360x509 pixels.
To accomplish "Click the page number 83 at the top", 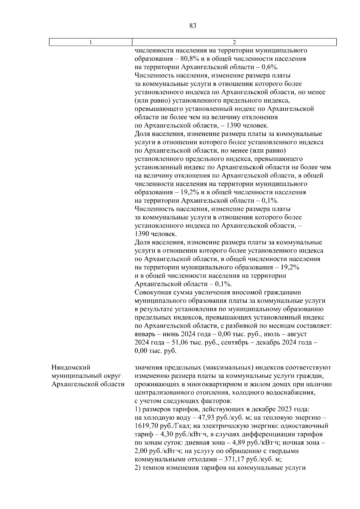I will (193, 26).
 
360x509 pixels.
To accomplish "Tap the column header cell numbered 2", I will (234, 42).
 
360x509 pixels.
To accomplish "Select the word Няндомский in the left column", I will (71, 367).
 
